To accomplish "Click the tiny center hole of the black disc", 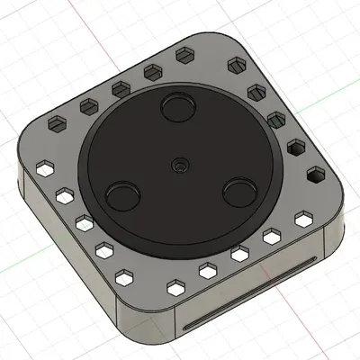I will coord(180,165).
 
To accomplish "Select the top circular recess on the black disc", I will coord(177,109).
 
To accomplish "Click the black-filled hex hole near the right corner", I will coord(315,175).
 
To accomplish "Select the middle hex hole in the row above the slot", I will coord(239,255).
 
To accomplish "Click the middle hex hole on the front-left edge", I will coord(85,221).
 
